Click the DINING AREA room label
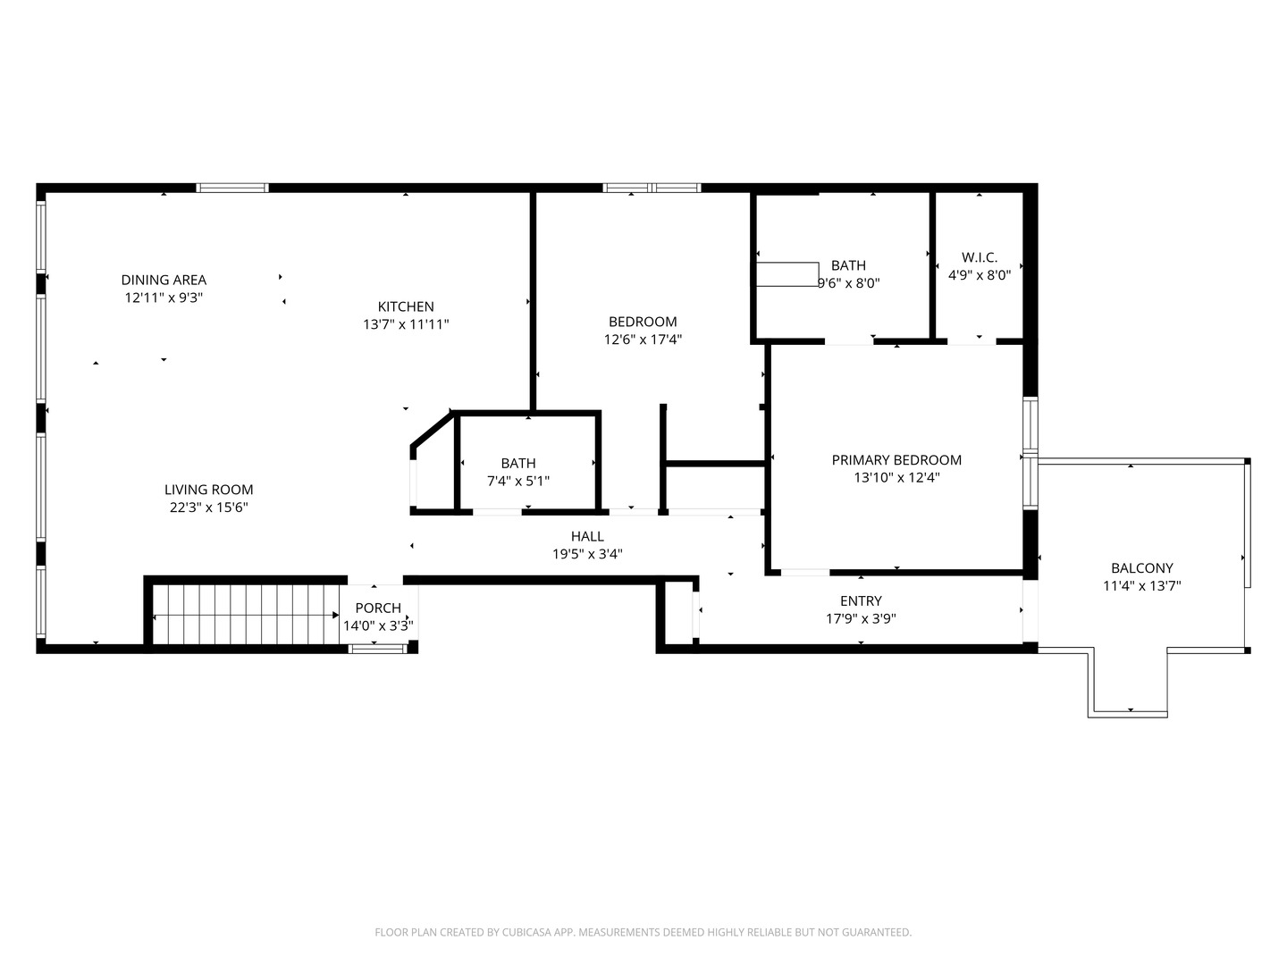click(x=164, y=280)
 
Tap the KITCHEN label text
click(x=406, y=306)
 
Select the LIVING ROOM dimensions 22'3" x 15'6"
click(x=209, y=508)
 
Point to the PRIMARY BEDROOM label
click(x=896, y=460)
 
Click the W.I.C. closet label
click(x=980, y=257)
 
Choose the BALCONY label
click(x=1141, y=567)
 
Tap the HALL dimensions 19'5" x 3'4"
click(x=587, y=554)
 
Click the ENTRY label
click(x=861, y=600)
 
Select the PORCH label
click(x=378, y=608)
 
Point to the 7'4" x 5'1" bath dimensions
click(x=518, y=481)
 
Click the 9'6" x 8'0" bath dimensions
click(x=849, y=283)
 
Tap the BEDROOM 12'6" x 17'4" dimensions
click(x=643, y=340)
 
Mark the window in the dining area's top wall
click(x=232, y=188)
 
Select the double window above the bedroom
click(x=652, y=188)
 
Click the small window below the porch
click(x=377, y=649)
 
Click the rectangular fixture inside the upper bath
click(x=787, y=274)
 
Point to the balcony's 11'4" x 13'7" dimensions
click(x=1141, y=585)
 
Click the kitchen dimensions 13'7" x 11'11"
click(x=406, y=324)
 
